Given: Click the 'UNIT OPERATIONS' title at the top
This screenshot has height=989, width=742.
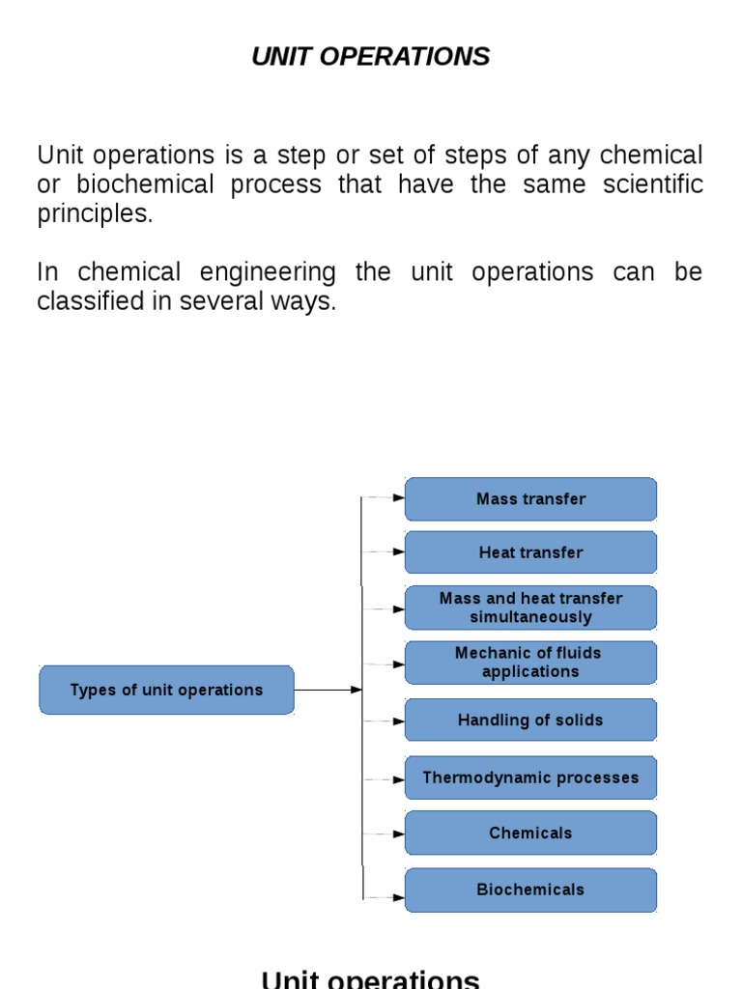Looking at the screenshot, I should click(x=370, y=57).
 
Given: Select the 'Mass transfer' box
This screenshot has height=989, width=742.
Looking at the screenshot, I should click(x=530, y=499).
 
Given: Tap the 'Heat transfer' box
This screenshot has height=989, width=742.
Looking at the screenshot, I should click(x=530, y=552).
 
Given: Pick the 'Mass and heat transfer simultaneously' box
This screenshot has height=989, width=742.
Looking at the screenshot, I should click(x=530, y=608).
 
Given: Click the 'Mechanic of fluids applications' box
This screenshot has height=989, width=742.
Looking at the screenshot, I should click(x=530, y=663).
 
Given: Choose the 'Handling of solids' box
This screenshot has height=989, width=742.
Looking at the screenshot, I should click(x=530, y=721).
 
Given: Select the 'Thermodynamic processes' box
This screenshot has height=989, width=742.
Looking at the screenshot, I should click(x=530, y=777).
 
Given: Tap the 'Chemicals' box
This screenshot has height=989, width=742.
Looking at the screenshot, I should click(x=530, y=833).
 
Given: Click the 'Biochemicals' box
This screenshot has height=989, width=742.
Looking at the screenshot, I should click(x=530, y=890).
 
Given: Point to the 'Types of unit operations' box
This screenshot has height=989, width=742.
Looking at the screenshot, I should click(x=166, y=690).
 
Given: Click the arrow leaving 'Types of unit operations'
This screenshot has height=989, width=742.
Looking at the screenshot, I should click(x=328, y=690).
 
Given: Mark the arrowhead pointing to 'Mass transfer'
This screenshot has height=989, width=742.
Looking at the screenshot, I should click(x=398, y=498).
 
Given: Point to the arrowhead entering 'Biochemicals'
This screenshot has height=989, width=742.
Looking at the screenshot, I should click(x=398, y=897).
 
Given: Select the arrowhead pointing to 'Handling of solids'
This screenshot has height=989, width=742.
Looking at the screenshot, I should click(x=398, y=721).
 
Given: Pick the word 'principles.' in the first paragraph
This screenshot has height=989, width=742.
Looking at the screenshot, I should click(x=95, y=214).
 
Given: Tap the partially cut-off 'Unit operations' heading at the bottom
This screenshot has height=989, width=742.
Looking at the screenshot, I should click(x=370, y=979).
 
